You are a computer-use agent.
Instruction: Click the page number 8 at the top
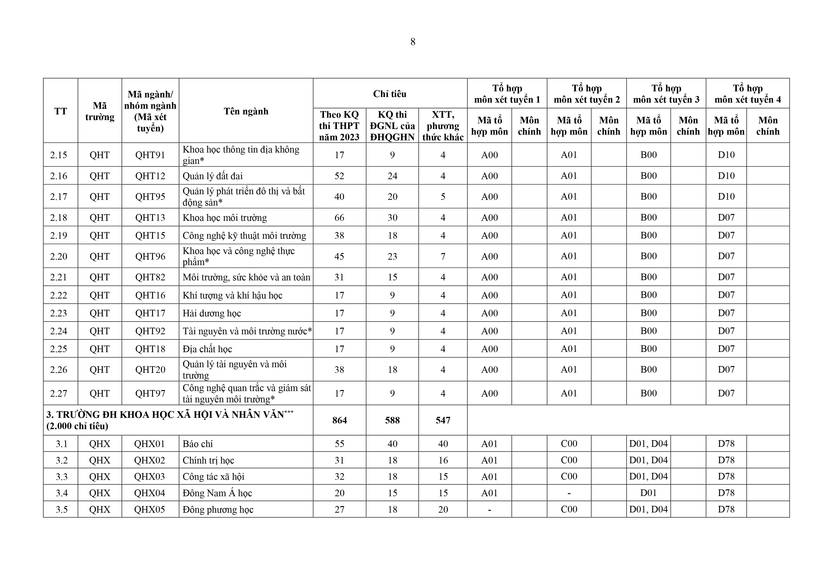tap(413, 42)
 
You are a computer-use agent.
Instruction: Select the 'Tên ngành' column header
tap(246, 111)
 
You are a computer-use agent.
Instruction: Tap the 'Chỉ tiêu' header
tap(390, 94)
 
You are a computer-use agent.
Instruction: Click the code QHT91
tap(150, 155)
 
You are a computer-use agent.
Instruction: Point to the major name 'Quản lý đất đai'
tap(213, 176)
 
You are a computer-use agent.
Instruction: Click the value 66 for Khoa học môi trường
tap(339, 218)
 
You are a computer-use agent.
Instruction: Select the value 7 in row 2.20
tap(443, 256)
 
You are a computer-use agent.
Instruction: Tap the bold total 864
tap(339, 420)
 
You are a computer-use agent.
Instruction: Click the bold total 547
tap(443, 420)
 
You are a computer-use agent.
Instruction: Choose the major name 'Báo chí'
tap(197, 444)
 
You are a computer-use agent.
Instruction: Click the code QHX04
tap(150, 493)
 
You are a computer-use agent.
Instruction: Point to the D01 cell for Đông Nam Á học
tap(648, 493)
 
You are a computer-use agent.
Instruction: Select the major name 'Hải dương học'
tap(212, 313)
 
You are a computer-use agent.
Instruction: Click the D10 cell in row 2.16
tap(726, 176)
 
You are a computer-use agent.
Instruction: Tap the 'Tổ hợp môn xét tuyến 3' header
tap(666, 94)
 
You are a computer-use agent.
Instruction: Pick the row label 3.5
tap(61, 510)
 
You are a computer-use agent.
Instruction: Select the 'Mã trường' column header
tap(100, 111)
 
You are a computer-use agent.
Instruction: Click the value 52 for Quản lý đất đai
tap(339, 176)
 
